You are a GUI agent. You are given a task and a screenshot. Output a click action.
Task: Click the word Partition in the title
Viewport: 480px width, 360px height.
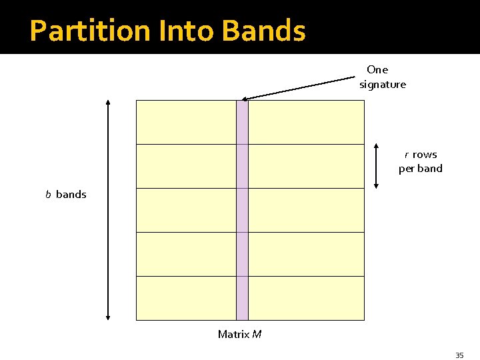[x=80, y=31]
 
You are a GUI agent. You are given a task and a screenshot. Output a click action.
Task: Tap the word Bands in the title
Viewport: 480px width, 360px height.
[x=263, y=31]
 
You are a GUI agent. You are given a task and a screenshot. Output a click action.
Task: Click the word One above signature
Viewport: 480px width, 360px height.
[x=377, y=69]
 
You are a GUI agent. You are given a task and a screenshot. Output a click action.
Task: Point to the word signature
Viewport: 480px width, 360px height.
[x=383, y=85]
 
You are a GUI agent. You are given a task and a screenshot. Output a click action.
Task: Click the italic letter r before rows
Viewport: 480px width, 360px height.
[x=406, y=155]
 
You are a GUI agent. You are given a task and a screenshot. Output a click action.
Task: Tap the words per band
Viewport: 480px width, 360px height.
[x=421, y=169]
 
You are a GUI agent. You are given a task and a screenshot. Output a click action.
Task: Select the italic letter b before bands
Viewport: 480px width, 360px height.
[x=48, y=195]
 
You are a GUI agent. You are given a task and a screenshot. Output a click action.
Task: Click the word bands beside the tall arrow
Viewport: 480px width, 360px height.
[x=71, y=195]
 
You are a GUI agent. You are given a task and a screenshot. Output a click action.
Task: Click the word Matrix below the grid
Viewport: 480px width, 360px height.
[x=233, y=334]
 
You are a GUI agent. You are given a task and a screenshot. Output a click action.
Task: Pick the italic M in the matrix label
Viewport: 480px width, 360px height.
[x=257, y=334]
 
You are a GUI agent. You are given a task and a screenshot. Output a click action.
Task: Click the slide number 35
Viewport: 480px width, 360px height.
[x=459, y=355]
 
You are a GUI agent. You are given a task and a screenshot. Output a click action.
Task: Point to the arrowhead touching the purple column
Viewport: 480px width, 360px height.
[x=244, y=99]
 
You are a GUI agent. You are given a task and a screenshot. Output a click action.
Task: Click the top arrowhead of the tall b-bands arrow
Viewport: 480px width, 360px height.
[x=108, y=103]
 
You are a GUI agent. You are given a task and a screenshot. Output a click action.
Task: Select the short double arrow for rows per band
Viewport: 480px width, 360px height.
[x=377, y=166]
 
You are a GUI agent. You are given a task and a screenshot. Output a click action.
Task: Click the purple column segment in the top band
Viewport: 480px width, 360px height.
[x=242, y=122]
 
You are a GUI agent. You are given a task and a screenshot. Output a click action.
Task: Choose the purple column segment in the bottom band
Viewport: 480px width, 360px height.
[x=242, y=298]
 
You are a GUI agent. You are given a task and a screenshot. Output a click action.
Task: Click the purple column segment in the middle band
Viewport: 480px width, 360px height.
[x=242, y=210]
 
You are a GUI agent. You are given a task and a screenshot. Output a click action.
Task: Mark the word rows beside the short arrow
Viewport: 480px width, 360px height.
[x=425, y=155]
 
